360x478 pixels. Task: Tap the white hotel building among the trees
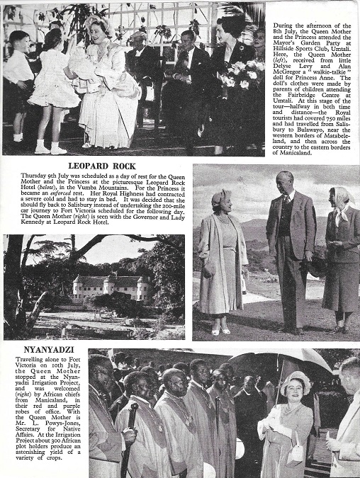pyautogui.click(x=111, y=288)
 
